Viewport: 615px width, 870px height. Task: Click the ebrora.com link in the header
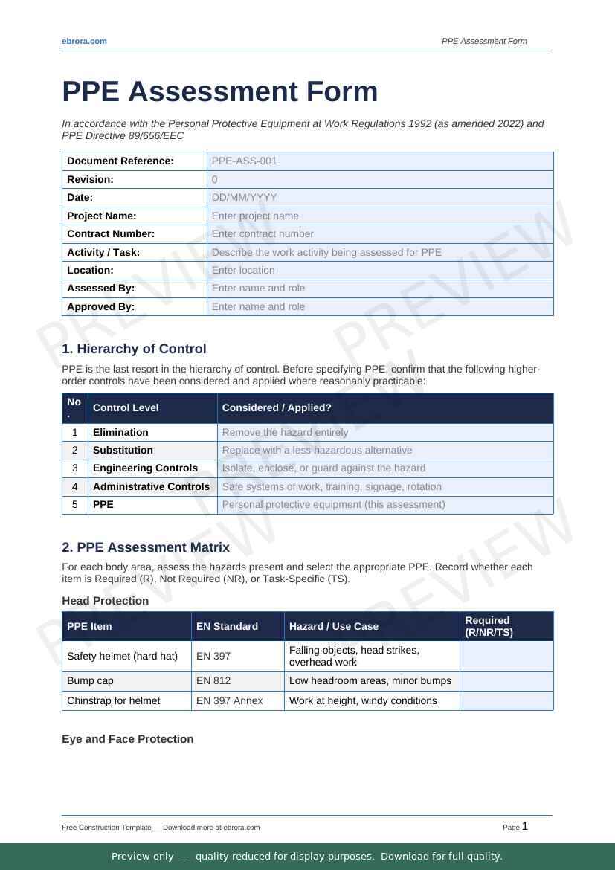click(84, 41)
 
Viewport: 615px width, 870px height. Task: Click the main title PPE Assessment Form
click(219, 91)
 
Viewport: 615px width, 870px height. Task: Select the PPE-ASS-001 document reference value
click(244, 161)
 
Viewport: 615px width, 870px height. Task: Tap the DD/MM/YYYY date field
click(244, 197)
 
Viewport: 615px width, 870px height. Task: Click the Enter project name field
click(255, 216)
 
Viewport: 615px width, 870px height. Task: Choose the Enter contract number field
click(263, 233)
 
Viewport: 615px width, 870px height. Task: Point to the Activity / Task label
click(103, 252)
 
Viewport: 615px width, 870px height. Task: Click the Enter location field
click(243, 270)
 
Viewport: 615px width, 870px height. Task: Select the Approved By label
click(100, 306)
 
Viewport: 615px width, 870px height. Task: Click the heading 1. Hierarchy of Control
click(134, 349)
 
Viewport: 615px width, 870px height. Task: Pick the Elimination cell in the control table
click(120, 432)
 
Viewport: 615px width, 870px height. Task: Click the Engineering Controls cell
click(145, 468)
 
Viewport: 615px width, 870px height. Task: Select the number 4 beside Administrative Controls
click(75, 486)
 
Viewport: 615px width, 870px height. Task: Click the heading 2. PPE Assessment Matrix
click(146, 547)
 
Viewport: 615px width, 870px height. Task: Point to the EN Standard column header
click(227, 626)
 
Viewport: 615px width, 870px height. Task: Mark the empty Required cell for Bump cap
click(506, 681)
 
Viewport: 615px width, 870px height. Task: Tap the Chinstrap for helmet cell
click(113, 700)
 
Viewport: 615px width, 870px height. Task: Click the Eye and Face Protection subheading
click(127, 739)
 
